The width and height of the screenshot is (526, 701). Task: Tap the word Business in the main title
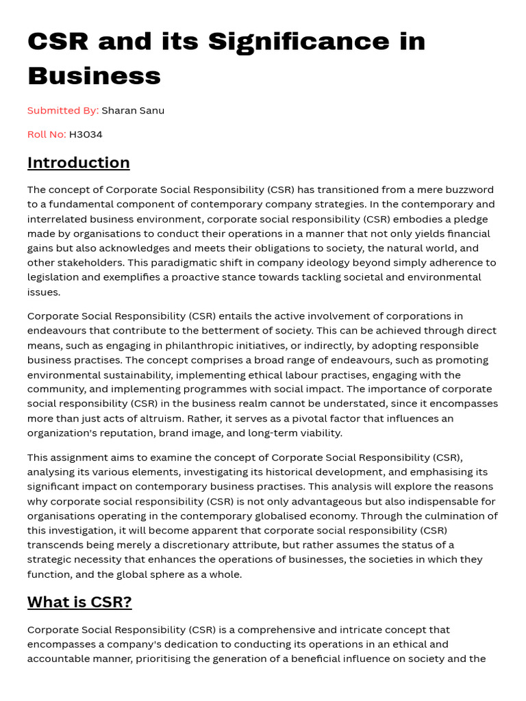[94, 76]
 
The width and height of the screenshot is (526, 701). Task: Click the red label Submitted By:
[63, 110]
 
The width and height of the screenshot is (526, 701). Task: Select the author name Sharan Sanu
[133, 110]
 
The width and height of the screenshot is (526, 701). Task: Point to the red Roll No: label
[47, 134]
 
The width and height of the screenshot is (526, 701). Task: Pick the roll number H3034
[86, 134]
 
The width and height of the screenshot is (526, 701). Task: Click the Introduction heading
[78, 163]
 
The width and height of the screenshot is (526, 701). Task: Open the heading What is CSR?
[79, 602]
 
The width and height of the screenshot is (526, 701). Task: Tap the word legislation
[55, 277]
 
